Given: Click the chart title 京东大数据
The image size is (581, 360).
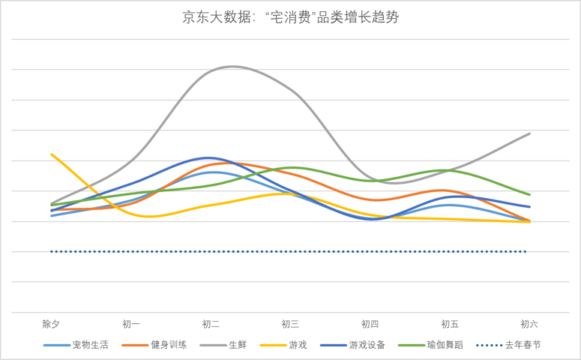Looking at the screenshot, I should coord(290,17).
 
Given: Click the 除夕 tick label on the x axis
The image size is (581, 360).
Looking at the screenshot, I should coord(51,324).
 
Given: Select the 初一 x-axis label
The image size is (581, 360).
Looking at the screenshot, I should coord(131,324).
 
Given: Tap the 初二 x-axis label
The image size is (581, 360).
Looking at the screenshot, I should coord(211,324).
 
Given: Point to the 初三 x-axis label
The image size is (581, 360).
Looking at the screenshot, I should coord(290,324).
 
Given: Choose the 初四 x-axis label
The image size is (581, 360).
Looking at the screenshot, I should coord(370,324).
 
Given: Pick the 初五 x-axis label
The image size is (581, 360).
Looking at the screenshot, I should coord(450,324).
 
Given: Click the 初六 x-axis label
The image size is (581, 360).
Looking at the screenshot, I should coord(529,324).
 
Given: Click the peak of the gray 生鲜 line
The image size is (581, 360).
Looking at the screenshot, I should coord(232,66).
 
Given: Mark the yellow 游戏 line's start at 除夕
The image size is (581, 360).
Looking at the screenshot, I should coord(51,154).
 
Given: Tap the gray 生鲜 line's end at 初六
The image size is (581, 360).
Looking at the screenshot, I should coord(529,133).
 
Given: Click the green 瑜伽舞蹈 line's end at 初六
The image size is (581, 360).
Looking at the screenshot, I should coord(529,194).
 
